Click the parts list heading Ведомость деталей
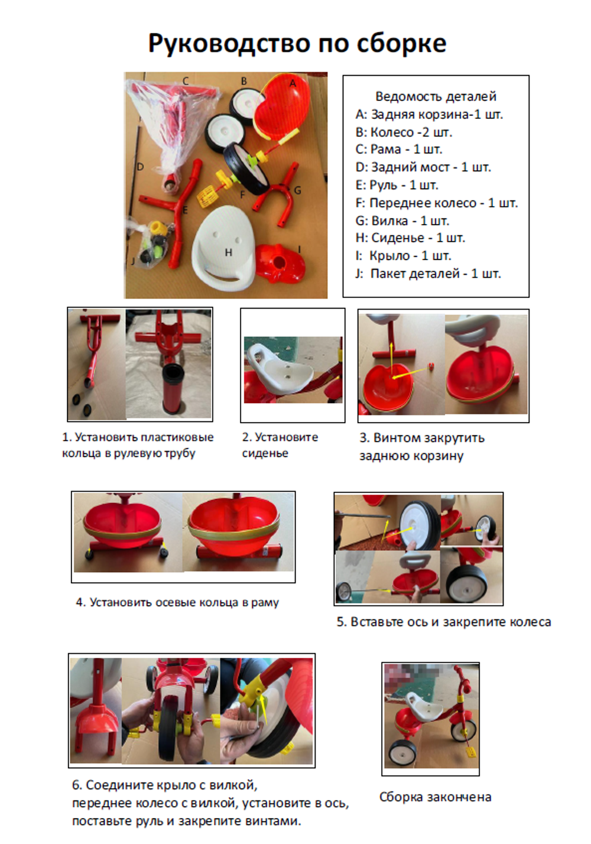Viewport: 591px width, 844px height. coord(436,96)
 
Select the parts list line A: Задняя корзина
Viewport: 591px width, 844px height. coord(429,114)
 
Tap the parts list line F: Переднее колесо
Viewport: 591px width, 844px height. coord(437,203)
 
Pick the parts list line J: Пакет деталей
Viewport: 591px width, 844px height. coord(428,273)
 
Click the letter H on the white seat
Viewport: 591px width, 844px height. coord(228,252)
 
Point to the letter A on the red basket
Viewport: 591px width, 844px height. coord(293,84)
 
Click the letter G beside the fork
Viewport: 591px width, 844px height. coord(298,190)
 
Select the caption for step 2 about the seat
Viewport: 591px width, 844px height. coord(280,445)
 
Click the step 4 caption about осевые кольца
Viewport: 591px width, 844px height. coord(177,602)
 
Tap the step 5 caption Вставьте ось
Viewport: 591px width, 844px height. coord(444,622)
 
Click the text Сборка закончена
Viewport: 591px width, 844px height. coord(435,797)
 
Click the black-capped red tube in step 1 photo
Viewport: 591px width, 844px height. coord(173,388)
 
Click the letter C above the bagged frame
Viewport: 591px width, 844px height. coord(186,80)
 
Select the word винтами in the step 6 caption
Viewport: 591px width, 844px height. coord(277,821)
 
